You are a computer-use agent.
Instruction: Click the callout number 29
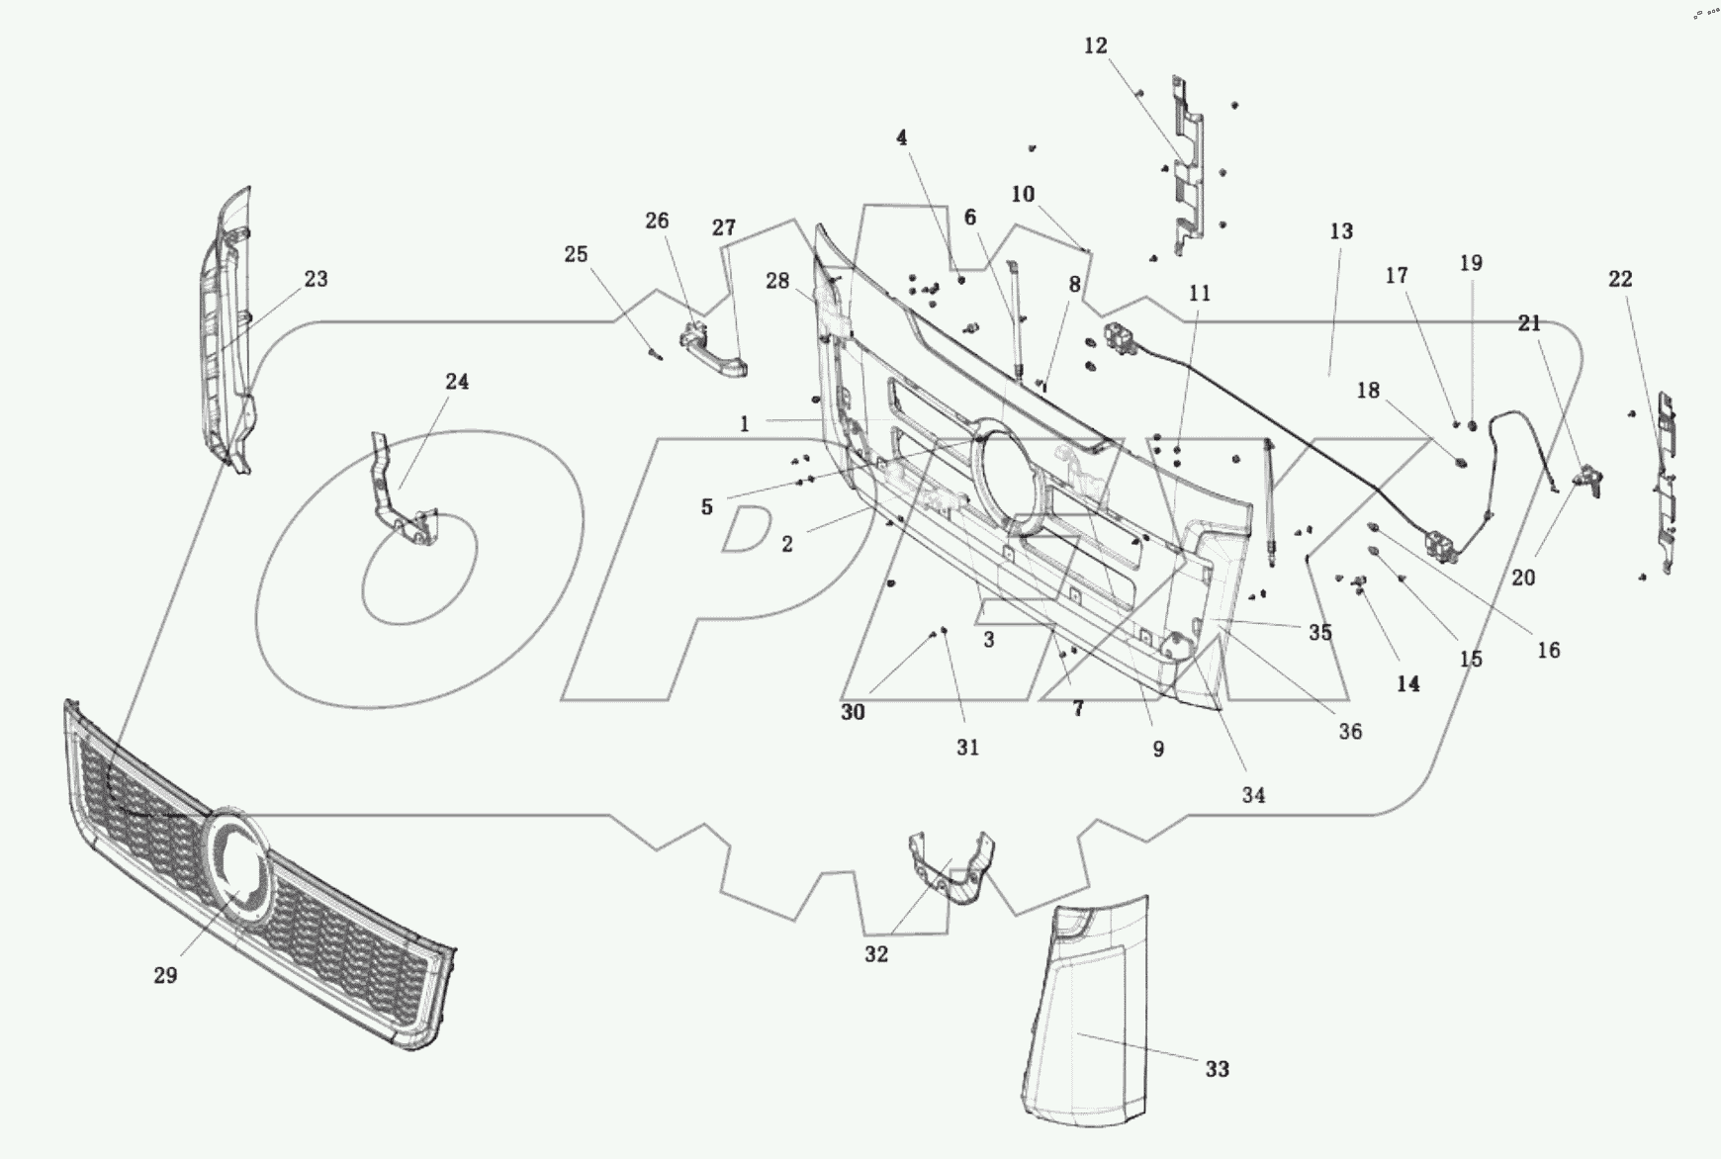tap(165, 975)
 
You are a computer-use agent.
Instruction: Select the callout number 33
tap(1217, 1069)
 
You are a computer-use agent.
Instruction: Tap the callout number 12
tap(1095, 45)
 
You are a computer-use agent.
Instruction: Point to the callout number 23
tap(316, 279)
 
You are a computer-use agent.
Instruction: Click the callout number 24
tap(456, 382)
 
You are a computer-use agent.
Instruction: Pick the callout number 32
tap(876, 954)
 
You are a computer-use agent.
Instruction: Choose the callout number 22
tap(1620, 279)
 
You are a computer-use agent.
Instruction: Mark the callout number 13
tap(1341, 231)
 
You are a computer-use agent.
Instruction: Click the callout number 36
tap(1350, 731)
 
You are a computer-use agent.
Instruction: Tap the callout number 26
tap(657, 221)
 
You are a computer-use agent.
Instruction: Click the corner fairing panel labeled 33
tap(1088, 1019)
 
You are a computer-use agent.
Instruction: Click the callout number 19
tap(1471, 263)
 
